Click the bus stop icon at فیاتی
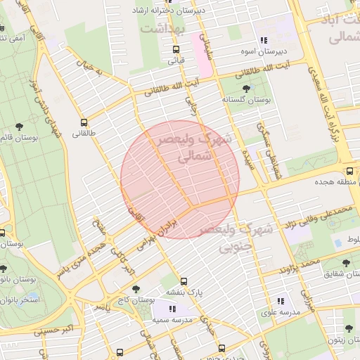(176, 49)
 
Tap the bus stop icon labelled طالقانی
(84, 122)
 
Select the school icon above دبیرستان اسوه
(264, 41)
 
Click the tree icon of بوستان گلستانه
(245, 89)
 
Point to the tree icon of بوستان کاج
(136, 288)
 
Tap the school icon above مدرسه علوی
(281, 301)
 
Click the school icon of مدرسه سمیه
(173, 309)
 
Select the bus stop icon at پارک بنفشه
(184, 281)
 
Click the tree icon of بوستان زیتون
(347, 327)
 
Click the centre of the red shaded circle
(180, 179)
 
